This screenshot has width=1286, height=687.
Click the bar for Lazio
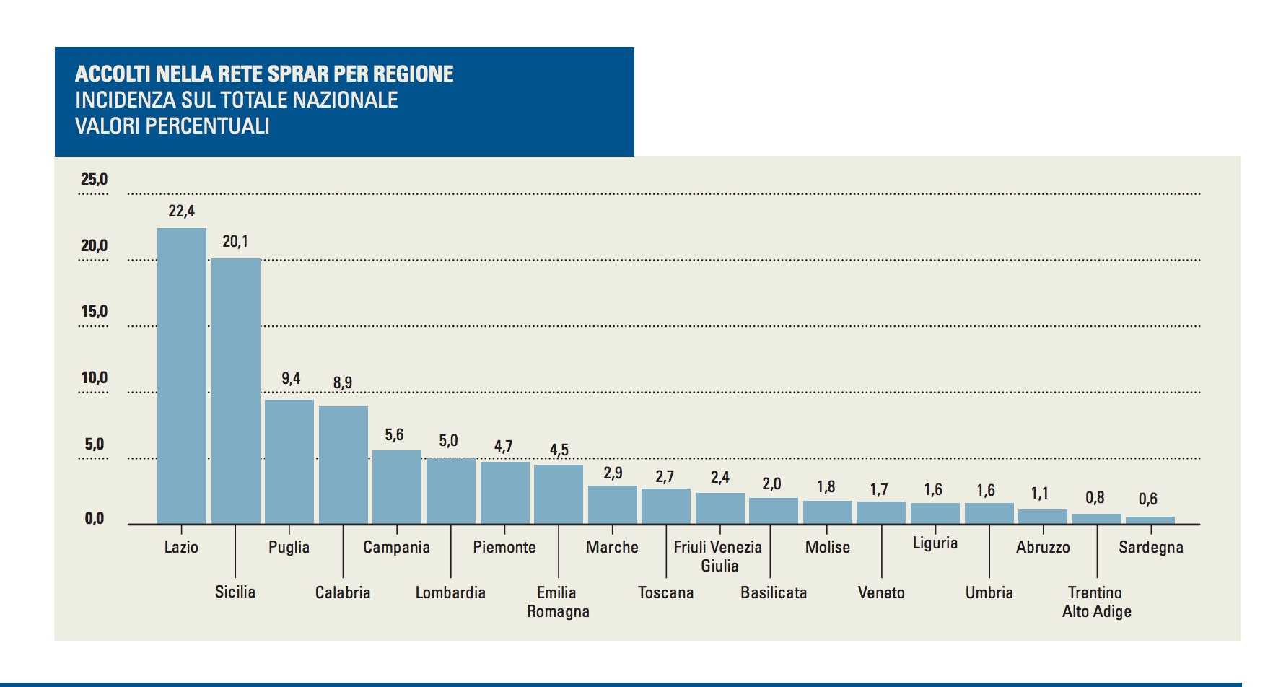pos(182,376)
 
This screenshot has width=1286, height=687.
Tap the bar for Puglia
pos(289,462)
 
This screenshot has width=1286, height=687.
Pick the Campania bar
pos(397,487)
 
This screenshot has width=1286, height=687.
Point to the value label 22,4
pos(181,211)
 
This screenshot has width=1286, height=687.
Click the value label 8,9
pos(343,383)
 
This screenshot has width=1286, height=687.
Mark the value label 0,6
pos(1147,499)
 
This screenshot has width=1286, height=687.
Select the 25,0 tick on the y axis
pos(94,180)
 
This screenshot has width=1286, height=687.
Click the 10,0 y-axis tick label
pos(94,378)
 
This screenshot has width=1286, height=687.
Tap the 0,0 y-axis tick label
pos(95,518)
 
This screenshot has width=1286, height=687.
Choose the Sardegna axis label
pos(1150,548)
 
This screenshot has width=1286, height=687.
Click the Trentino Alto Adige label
pos(1096,602)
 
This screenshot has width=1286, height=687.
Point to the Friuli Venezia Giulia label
pos(718,556)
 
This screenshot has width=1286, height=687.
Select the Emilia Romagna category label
pos(558,602)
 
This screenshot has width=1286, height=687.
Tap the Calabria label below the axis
pos(343,593)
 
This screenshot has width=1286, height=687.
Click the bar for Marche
pos(613,504)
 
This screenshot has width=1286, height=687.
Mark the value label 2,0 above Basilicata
pos(771,484)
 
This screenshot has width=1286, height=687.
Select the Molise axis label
pos(827,548)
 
